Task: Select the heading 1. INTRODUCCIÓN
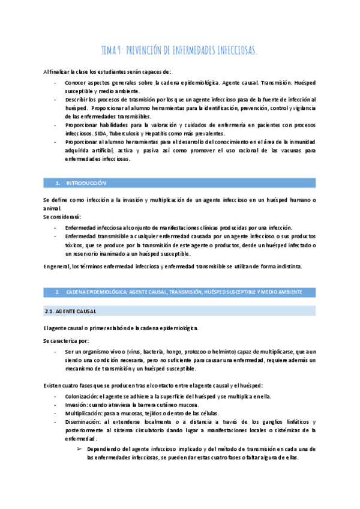point(80,182)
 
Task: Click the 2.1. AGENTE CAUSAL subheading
point(71,312)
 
